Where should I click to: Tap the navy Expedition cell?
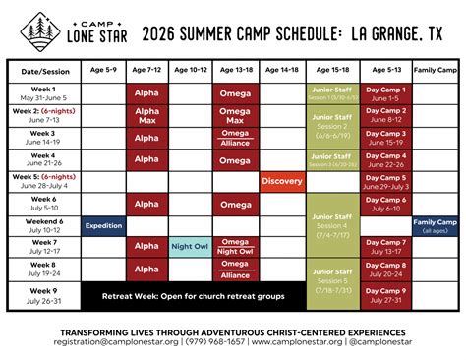click(x=102, y=224)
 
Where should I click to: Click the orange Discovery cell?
click(x=281, y=181)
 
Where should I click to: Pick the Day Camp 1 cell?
click(x=385, y=94)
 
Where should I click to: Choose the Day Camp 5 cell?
click(x=385, y=181)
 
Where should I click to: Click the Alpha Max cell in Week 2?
click(x=146, y=116)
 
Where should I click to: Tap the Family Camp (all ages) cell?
click(x=436, y=224)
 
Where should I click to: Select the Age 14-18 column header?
click(x=281, y=71)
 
